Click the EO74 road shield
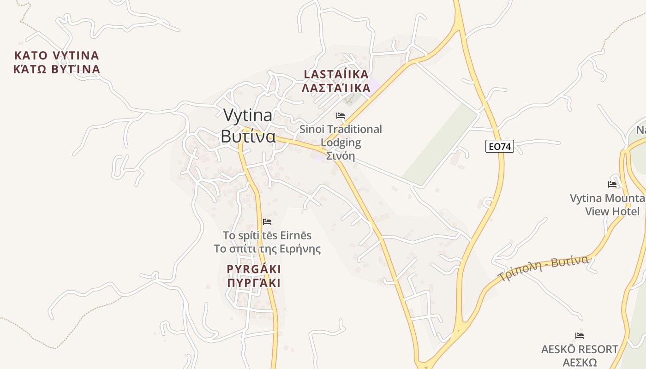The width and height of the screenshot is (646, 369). click(499, 147)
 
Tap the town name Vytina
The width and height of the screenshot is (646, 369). click(247, 115)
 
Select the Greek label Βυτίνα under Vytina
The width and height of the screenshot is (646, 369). click(248, 137)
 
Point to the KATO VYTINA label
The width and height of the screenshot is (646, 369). click(57, 56)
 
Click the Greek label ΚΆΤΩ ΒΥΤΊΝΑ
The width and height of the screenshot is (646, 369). click(57, 70)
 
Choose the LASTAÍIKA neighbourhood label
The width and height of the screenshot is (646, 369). click(336, 74)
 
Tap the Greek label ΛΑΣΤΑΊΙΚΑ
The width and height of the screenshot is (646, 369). click(336, 88)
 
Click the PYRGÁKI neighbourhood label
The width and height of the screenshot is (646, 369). click(254, 269)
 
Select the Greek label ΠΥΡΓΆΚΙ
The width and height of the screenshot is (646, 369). click(254, 283)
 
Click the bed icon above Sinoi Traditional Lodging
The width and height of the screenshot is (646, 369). click(341, 116)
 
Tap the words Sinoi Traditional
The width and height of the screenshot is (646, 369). click(341, 129)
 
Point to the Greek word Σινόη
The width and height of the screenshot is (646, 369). click(341, 155)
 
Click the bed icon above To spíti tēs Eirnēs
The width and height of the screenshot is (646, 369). click(267, 222)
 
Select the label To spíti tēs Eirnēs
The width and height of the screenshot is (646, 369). click(267, 235)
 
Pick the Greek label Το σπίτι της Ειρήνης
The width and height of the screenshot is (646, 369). click(267, 249)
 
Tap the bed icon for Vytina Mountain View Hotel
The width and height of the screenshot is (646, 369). click(612, 184)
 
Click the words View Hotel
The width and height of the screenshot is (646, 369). click(612, 211)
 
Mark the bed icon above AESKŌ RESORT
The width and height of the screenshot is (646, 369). click(580, 336)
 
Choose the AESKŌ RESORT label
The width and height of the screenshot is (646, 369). click(580, 349)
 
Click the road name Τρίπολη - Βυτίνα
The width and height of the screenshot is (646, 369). click(543, 268)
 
